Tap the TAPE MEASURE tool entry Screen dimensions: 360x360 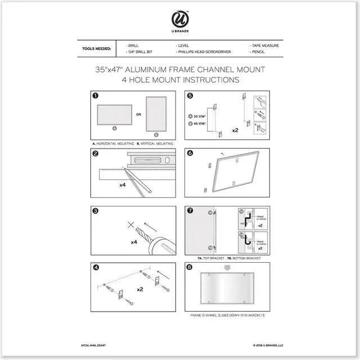(264, 44)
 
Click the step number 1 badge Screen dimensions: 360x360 (96, 96)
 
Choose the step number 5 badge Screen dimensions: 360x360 (190, 96)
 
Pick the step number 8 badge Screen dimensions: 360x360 (190, 268)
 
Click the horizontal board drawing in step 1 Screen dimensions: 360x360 (115, 116)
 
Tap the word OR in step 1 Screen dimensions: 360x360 (138, 114)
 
